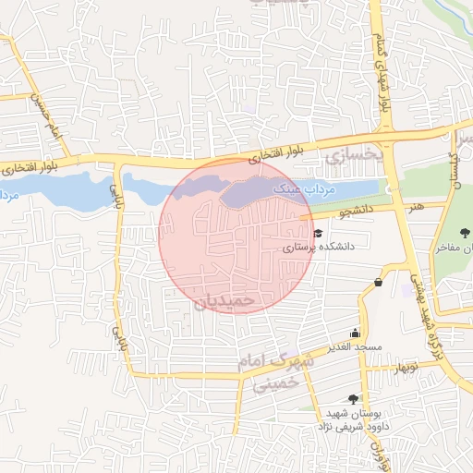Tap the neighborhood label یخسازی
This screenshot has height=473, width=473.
350,157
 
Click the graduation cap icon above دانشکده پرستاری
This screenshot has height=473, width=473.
318,234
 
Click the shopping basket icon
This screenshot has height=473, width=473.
379,282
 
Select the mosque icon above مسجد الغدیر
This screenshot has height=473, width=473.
355,334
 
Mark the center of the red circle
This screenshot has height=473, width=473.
236,236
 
